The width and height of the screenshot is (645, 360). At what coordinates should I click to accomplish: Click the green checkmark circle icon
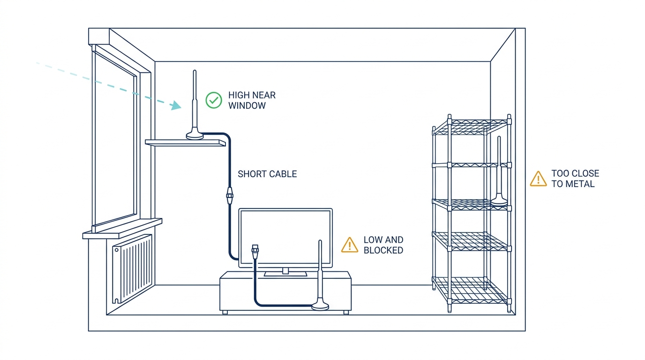[214, 100]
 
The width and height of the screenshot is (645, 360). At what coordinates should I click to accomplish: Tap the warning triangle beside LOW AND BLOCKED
[350, 245]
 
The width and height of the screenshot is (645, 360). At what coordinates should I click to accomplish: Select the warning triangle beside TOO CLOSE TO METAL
[538, 179]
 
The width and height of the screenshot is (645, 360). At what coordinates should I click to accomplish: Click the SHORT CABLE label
[267, 174]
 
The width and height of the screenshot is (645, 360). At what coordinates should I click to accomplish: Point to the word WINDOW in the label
[247, 105]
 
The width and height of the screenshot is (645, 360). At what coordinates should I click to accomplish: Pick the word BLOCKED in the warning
[383, 250]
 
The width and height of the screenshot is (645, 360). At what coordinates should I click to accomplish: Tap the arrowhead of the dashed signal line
[176, 105]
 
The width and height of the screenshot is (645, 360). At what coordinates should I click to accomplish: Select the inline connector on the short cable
[230, 196]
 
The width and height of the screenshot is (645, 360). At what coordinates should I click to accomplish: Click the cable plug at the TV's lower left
[255, 252]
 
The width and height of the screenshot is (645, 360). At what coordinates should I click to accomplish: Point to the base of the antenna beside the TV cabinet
[320, 305]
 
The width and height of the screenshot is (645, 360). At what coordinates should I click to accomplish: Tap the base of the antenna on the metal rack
[499, 200]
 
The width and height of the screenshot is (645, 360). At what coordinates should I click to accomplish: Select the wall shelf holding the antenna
[186, 143]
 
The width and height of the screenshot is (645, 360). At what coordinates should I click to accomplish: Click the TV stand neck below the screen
[285, 271]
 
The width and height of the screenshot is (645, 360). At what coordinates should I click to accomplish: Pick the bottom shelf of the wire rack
[472, 291]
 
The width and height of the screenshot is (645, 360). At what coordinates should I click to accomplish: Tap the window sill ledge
[122, 229]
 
